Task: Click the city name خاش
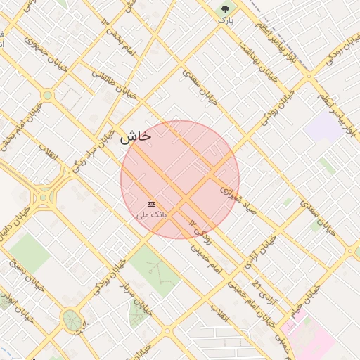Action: pos(135,137)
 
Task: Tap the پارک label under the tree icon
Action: pos(225,20)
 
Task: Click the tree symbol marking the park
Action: pos(225,8)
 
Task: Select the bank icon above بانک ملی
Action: pos(151,203)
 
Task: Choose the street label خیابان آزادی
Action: pos(260,253)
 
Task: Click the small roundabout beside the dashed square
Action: pos(47,95)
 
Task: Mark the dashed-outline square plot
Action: pos(70,98)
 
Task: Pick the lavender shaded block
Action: pos(323,127)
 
